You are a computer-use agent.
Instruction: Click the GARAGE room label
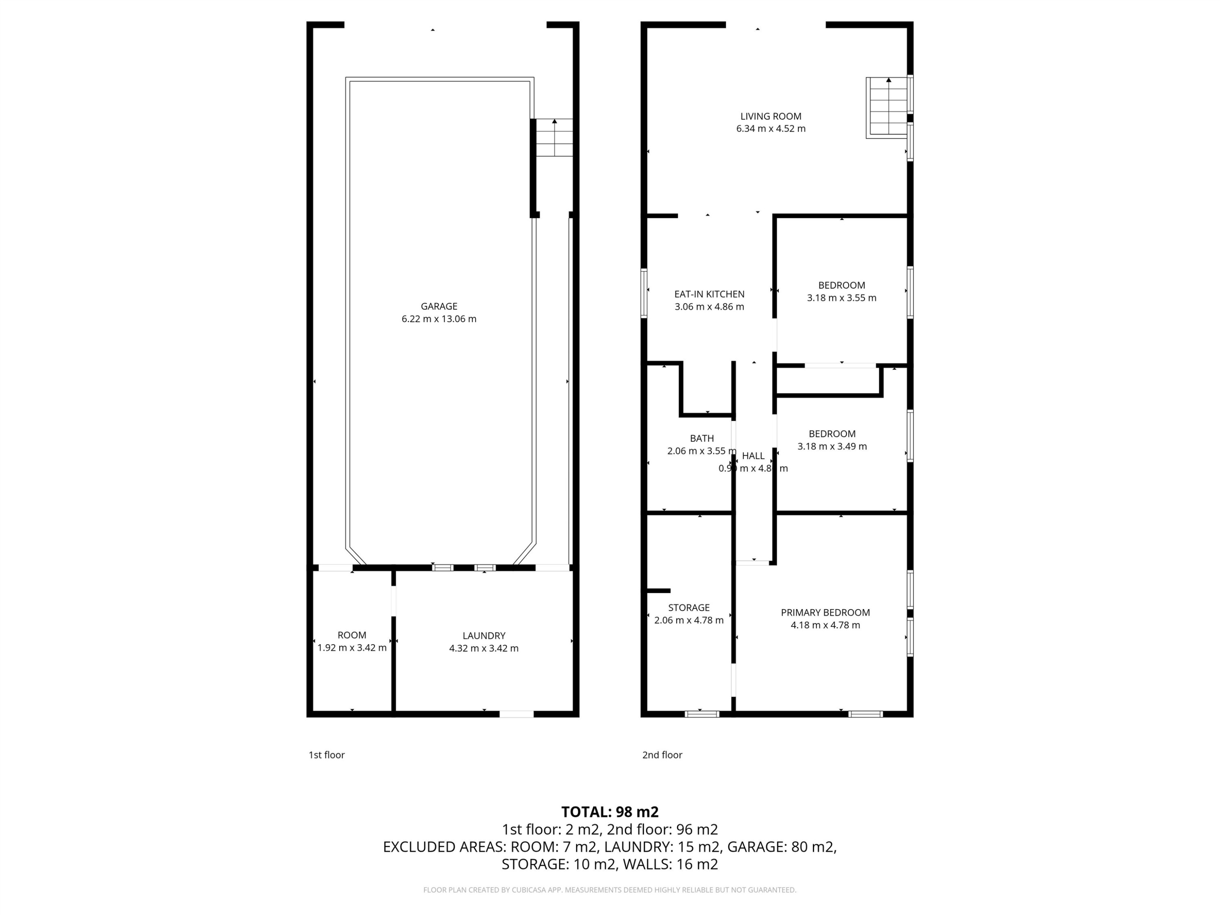[x=439, y=306]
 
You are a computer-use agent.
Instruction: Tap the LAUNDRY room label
[x=484, y=635]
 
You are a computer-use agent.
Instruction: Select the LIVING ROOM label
[x=771, y=116]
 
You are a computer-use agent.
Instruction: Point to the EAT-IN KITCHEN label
[x=709, y=294]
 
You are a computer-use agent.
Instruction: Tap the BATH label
[x=701, y=438]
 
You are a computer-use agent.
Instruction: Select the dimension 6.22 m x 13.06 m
[x=439, y=319]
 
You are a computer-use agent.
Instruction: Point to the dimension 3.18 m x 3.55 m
[x=842, y=298]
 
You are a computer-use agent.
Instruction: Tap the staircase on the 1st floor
[x=554, y=137]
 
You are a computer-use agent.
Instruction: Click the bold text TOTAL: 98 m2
[x=610, y=812]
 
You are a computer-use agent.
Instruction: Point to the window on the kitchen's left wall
[x=644, y=293]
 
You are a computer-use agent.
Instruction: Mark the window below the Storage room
[x=701, y=714]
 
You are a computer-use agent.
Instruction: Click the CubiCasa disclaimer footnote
[x=610, y=890]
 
